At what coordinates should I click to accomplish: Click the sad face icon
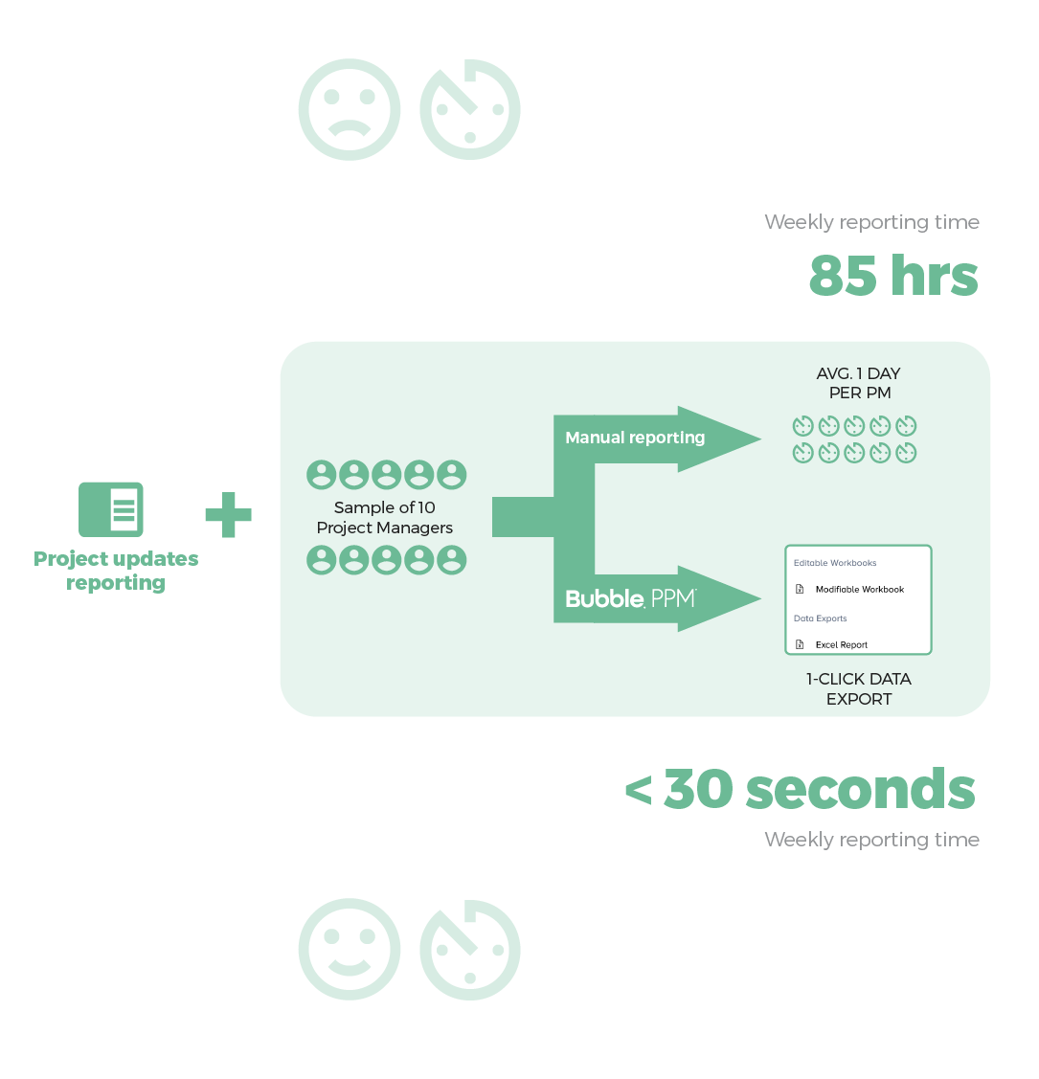pyautogui.click(x=349, y=110)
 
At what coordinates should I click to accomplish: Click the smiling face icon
pyautogui.click(x=349, y=950)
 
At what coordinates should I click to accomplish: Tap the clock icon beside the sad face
pyautogui.click(x=470, y=110)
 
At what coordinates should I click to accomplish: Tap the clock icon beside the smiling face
pyautogui.click(x=470, y=950)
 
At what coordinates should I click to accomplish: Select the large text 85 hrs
pyautogui.click(x=893, y=276)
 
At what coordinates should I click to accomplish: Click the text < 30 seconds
pyautogui.click(x=801, y=790)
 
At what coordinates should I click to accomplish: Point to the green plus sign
pyautogui.click(x=228, y=515)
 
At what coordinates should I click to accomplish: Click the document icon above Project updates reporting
pyautogui.click(x=111, y=509)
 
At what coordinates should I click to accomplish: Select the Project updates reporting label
pyautogui.click(x=116, y=571)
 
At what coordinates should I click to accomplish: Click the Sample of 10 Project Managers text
pyautogui.click(x=385, y=518)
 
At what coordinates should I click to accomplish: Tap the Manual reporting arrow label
pyautogui.click(x=635, y=438)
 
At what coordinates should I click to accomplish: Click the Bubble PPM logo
pyautogui.click(x=630, y=598)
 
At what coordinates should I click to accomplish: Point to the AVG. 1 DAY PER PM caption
pyautogui.click(x=859, y=383)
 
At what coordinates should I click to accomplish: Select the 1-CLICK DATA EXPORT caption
pyautogui.click(x=859, y=688)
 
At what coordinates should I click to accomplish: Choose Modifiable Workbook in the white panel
pyautogui.click(x=859, y=590)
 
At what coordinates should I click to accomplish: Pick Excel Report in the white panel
pyautogui.click(x=841, y=645)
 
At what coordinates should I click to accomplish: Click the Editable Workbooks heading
pyautogui.click(x=835, y=563)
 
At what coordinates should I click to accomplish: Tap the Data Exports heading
pyautogui.click(x=821, y=618)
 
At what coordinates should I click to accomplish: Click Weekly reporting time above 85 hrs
pyautogui.click(x=871, y=222)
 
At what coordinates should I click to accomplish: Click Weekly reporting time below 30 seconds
pyautogui.click(x=871, y=840)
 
